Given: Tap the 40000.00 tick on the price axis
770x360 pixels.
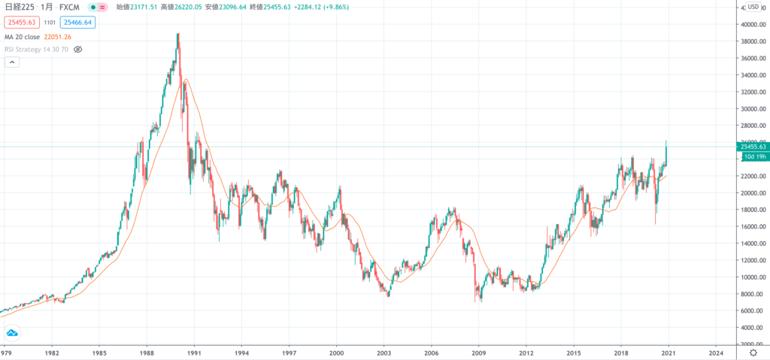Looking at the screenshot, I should click(753, 24).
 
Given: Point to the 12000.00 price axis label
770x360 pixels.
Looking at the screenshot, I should click(753, 260).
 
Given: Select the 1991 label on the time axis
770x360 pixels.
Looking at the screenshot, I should click(194, 352).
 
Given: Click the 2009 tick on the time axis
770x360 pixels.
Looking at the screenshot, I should click(478, 352).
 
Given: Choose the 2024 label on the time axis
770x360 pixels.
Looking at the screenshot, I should click(716, 352).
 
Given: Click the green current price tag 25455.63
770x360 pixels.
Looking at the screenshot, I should click(753, 147).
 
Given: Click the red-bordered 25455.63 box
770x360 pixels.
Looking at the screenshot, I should click(22, 23).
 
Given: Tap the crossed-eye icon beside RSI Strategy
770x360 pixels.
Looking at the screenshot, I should click(77, 49).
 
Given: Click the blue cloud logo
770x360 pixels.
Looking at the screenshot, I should click(13, 333).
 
